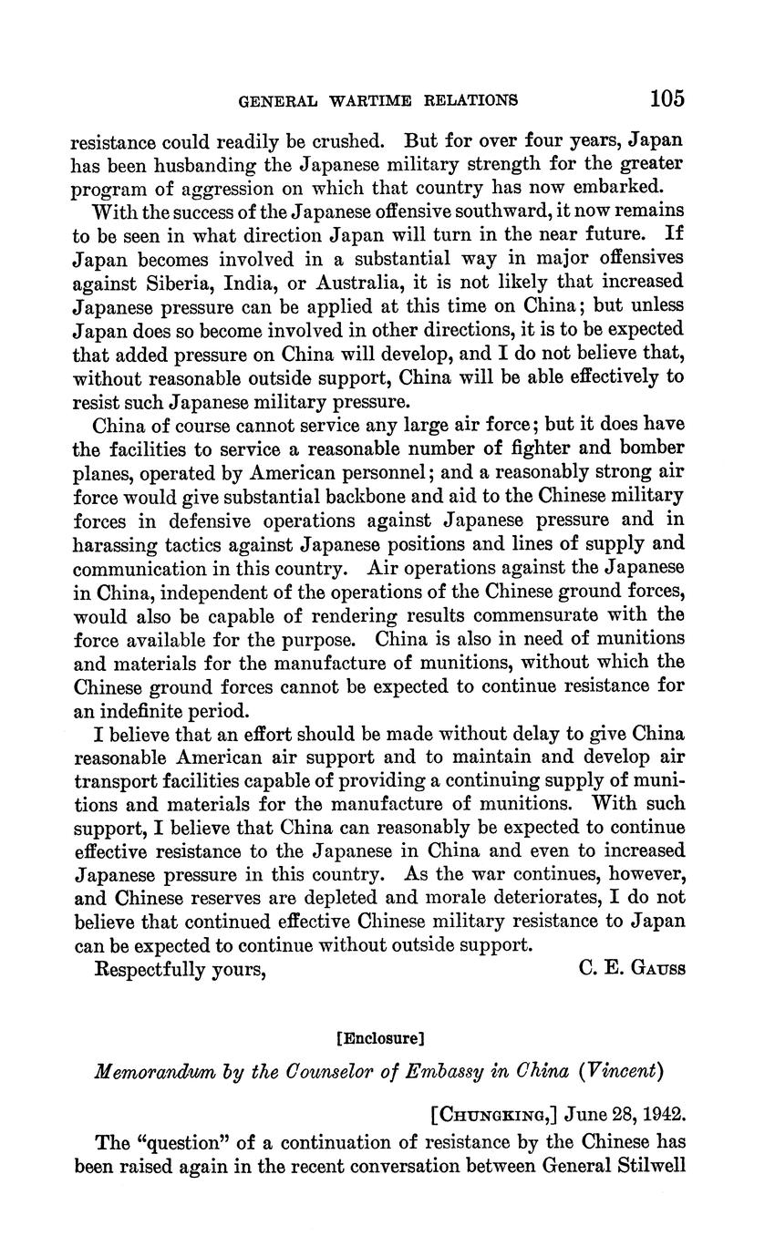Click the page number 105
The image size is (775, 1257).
(x=667, y=98)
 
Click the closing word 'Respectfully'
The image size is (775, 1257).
(x=154, y=970)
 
